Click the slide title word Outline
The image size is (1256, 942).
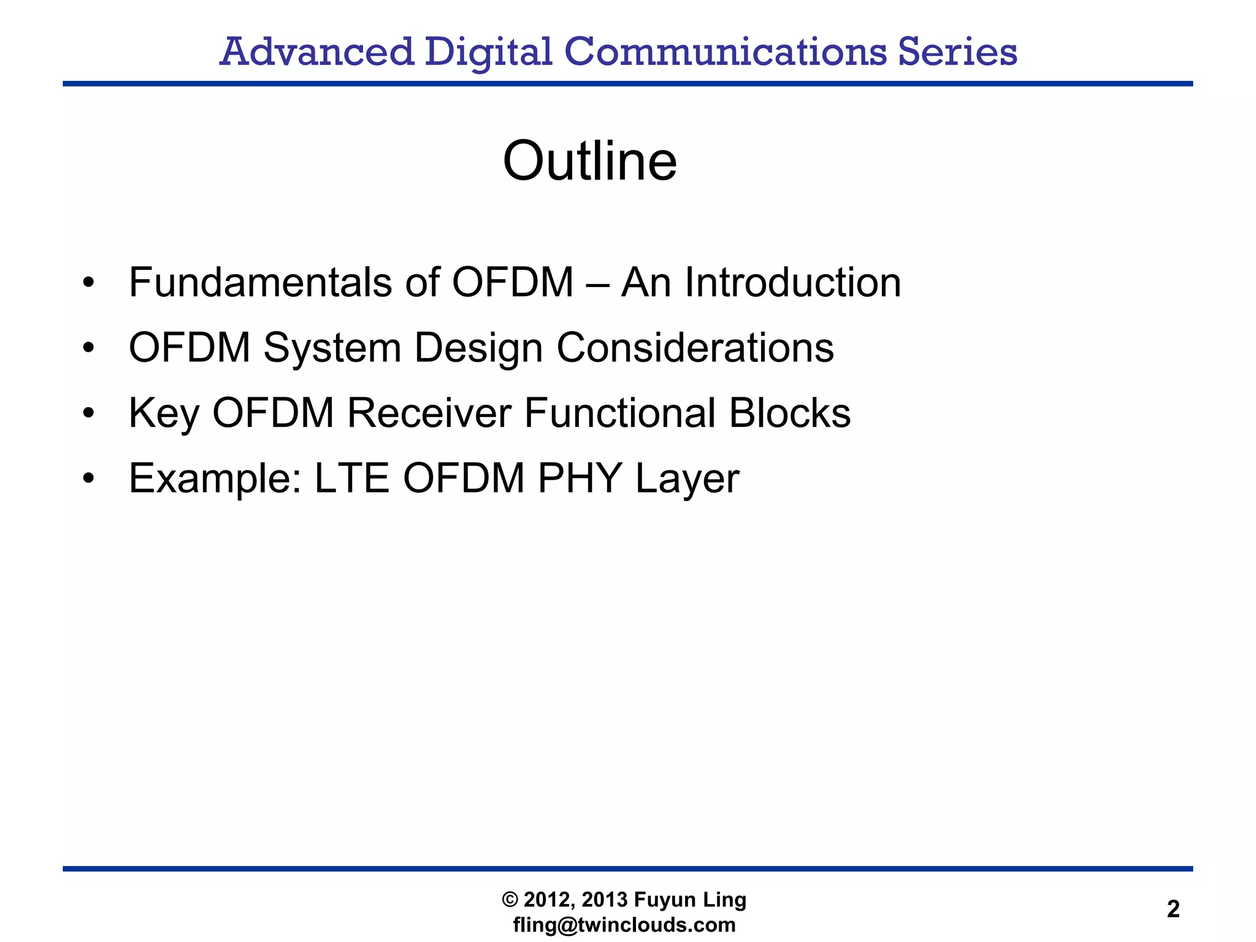tap(589, 161)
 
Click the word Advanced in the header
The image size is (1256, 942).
tap(316, 52)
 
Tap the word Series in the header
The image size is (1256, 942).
tap(957, 52)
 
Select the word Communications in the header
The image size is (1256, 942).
tap(725, 52)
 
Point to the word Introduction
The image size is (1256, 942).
tap(792, 283)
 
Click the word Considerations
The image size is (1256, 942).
tap(695, 348)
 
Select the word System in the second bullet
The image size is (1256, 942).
tap(332, 348)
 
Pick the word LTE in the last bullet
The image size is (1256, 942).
tap(351, 478)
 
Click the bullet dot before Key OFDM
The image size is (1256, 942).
tap(89, 413)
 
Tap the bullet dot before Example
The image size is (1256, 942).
tap(89, 478)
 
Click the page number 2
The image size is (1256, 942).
tap(1173, 909)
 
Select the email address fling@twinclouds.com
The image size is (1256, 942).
tap(624, 925)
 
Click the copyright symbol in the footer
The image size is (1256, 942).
tap(510, 900)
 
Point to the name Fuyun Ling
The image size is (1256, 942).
tap(689, 900)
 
